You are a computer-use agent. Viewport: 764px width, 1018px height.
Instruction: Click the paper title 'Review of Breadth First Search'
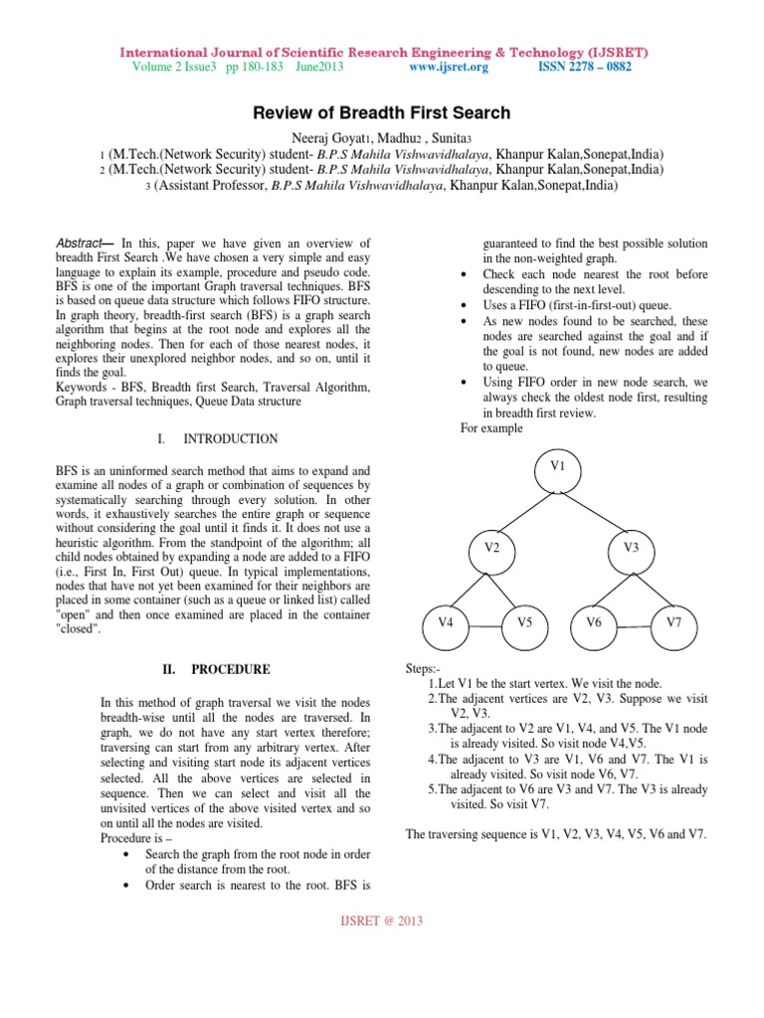click(382, 112)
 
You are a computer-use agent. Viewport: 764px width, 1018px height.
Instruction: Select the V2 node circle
click(491, 548)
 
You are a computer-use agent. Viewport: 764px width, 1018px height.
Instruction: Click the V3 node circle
click(630, 548)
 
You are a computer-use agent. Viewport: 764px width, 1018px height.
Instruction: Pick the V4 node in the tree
click(445, 622)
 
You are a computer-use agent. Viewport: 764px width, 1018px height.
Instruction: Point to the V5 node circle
click(524, 622)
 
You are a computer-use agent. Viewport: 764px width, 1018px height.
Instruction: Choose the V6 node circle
click(594, 622)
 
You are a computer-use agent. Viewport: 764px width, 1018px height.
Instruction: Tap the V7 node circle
click(673, 622)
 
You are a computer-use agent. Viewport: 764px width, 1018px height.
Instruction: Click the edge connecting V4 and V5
click(484, 627)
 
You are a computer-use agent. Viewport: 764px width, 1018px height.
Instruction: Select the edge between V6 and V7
click(634, 627)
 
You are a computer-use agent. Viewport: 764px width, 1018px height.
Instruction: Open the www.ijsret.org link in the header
click(449, 67)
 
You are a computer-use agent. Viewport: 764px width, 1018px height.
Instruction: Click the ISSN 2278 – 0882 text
click(584, 67)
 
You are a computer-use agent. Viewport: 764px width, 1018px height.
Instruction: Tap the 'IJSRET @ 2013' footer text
click(382, 921)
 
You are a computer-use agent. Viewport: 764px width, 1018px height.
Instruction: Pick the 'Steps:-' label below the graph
click(426, 670)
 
